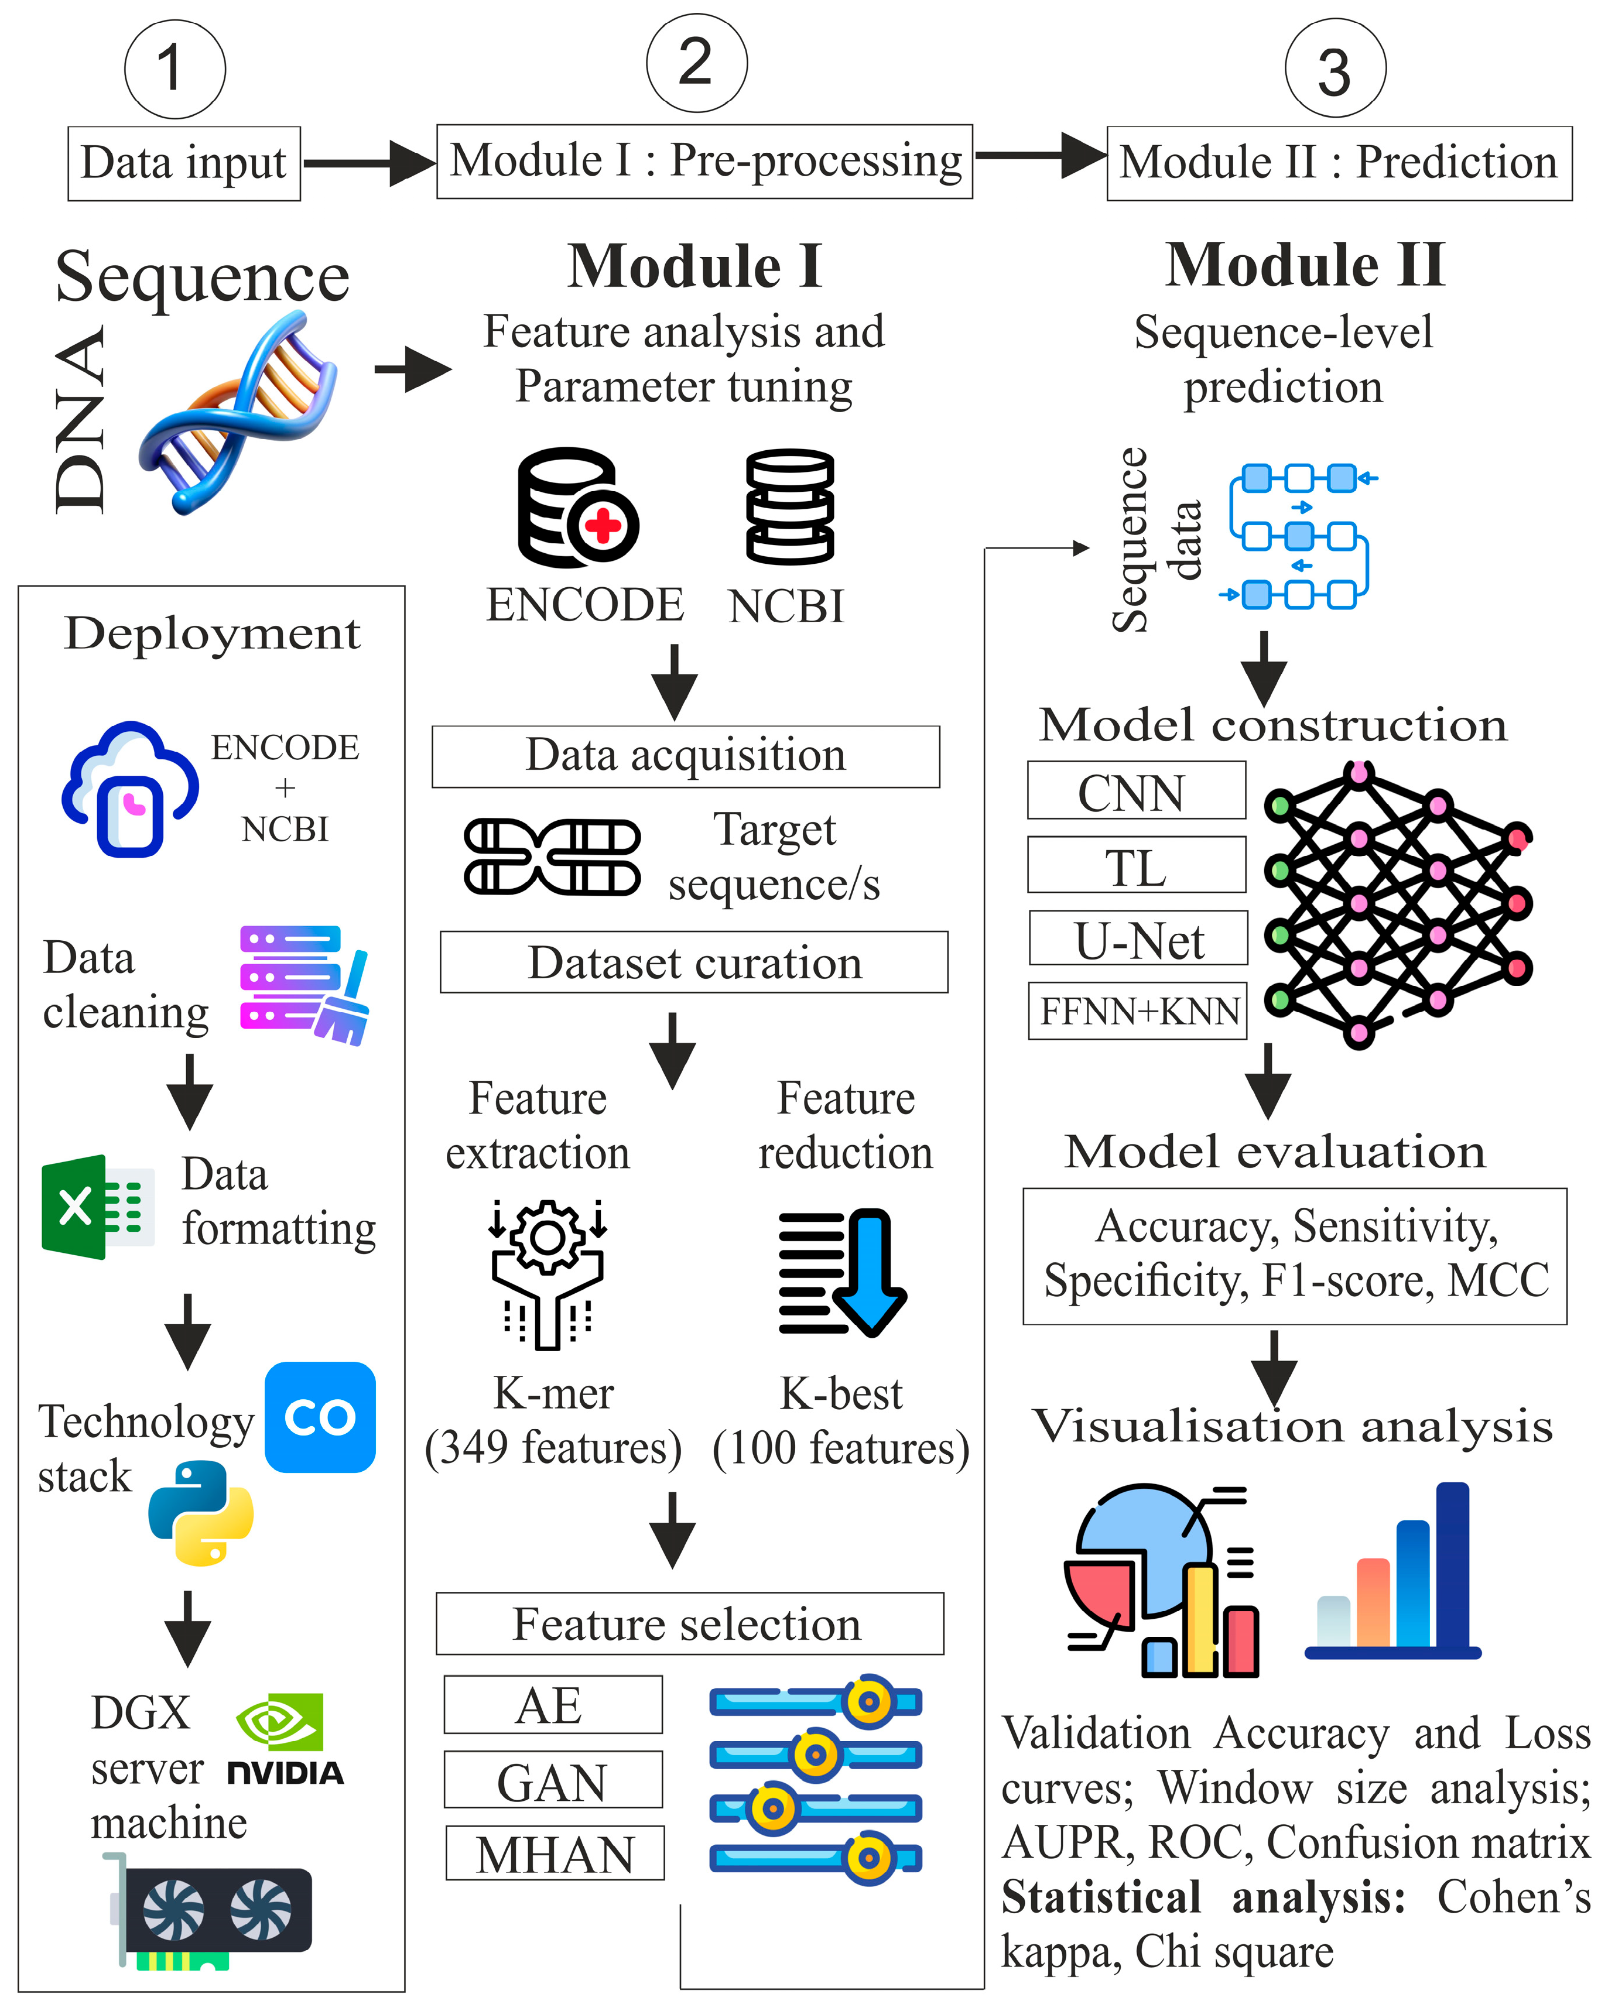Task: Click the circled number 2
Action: pyautogui.click(x=696, y=63)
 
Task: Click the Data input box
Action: pyautogui.click(x=184, y=163)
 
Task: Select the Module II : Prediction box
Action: pyautogui.click(x=1338, y=163)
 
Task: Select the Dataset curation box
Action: pyautogui.click(x=693, y=962)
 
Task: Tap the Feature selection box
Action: pyautogui.click(x=689, y=1624)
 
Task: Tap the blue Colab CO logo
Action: pyautogui.click(x=320, y=1417)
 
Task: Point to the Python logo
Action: pyautogui.click(x=201, y=1513)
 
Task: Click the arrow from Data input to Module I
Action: pyautogui.click(x=368, y=163)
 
